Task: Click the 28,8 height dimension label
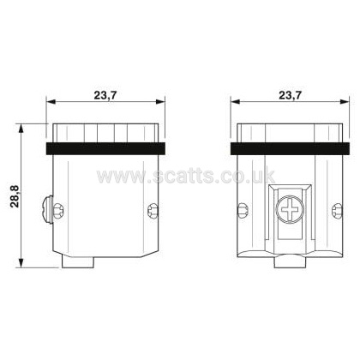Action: coord(15,196)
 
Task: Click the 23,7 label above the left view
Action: coord(105,95)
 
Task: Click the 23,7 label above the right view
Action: coord(290,95)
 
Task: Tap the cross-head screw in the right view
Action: coord(290,210)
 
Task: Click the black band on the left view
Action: coord(105,148)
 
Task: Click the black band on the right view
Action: coord(290,148)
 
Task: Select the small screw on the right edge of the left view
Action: coord(153,211)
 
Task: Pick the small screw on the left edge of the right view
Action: coord(243,211)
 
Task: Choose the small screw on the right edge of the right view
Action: coord(338,211)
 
